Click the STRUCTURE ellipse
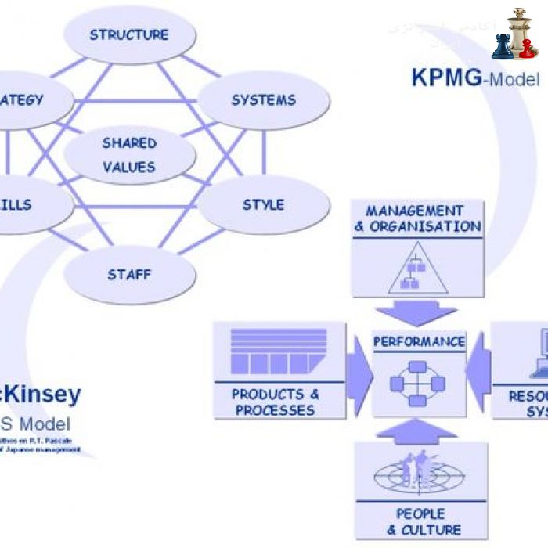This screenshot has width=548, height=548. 129,35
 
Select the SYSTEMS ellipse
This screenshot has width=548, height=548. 263,100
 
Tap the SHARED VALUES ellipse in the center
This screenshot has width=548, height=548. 129,155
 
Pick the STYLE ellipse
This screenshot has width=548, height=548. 263,205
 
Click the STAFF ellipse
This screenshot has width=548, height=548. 129,275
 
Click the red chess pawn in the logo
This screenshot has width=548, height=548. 528,49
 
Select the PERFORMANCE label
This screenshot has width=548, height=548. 419,342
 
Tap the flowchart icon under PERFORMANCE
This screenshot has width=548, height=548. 418,384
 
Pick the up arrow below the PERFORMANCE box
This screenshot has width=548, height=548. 418,431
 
